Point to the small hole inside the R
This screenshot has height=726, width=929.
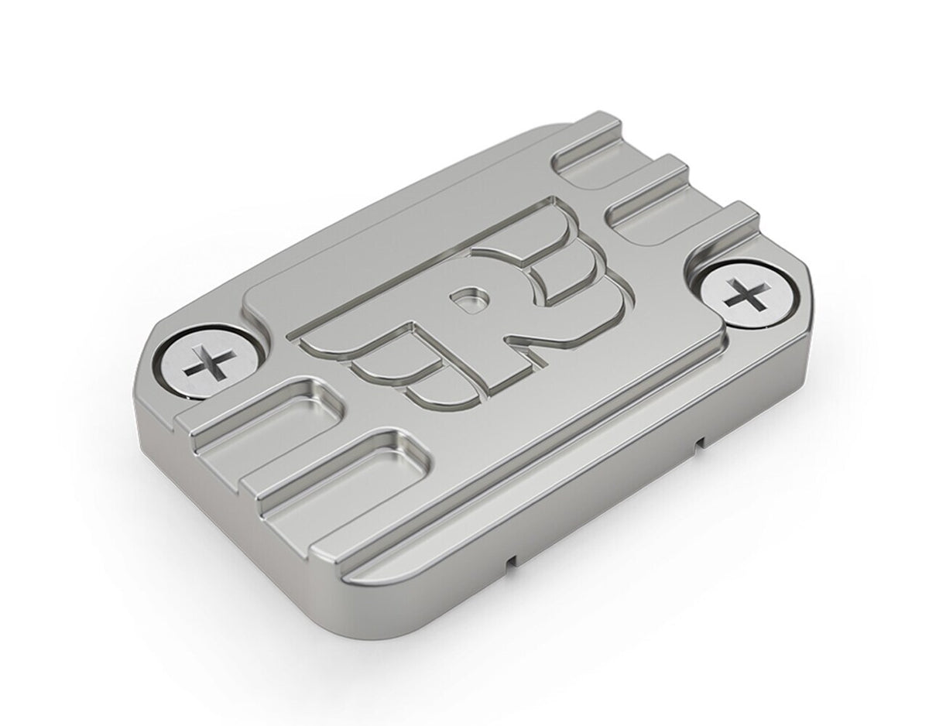click(x=468, y=298)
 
